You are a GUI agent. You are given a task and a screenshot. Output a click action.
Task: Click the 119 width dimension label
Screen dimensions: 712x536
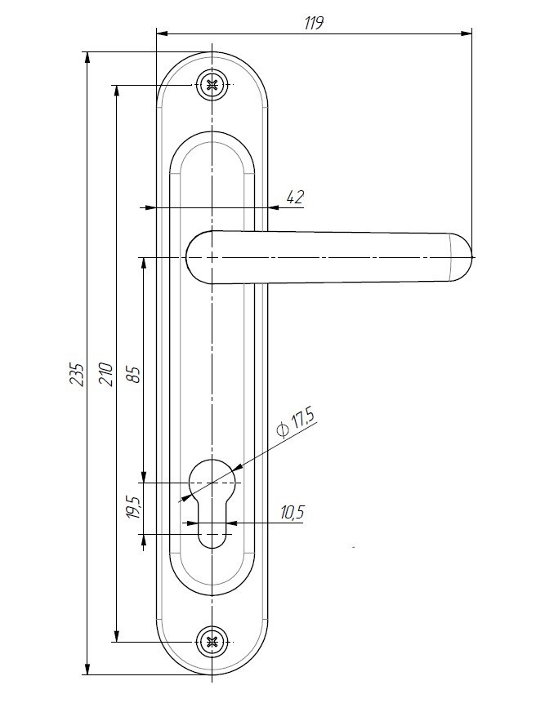click(314, 23)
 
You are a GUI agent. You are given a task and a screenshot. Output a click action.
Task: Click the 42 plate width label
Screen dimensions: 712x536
click(295, 197)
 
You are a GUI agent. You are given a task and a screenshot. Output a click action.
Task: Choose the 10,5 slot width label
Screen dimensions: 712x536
click(292, 513)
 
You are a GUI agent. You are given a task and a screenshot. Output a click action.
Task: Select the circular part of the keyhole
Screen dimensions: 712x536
click(212, 478)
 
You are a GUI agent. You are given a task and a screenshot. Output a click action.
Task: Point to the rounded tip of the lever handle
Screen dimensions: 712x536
click(462, 257)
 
